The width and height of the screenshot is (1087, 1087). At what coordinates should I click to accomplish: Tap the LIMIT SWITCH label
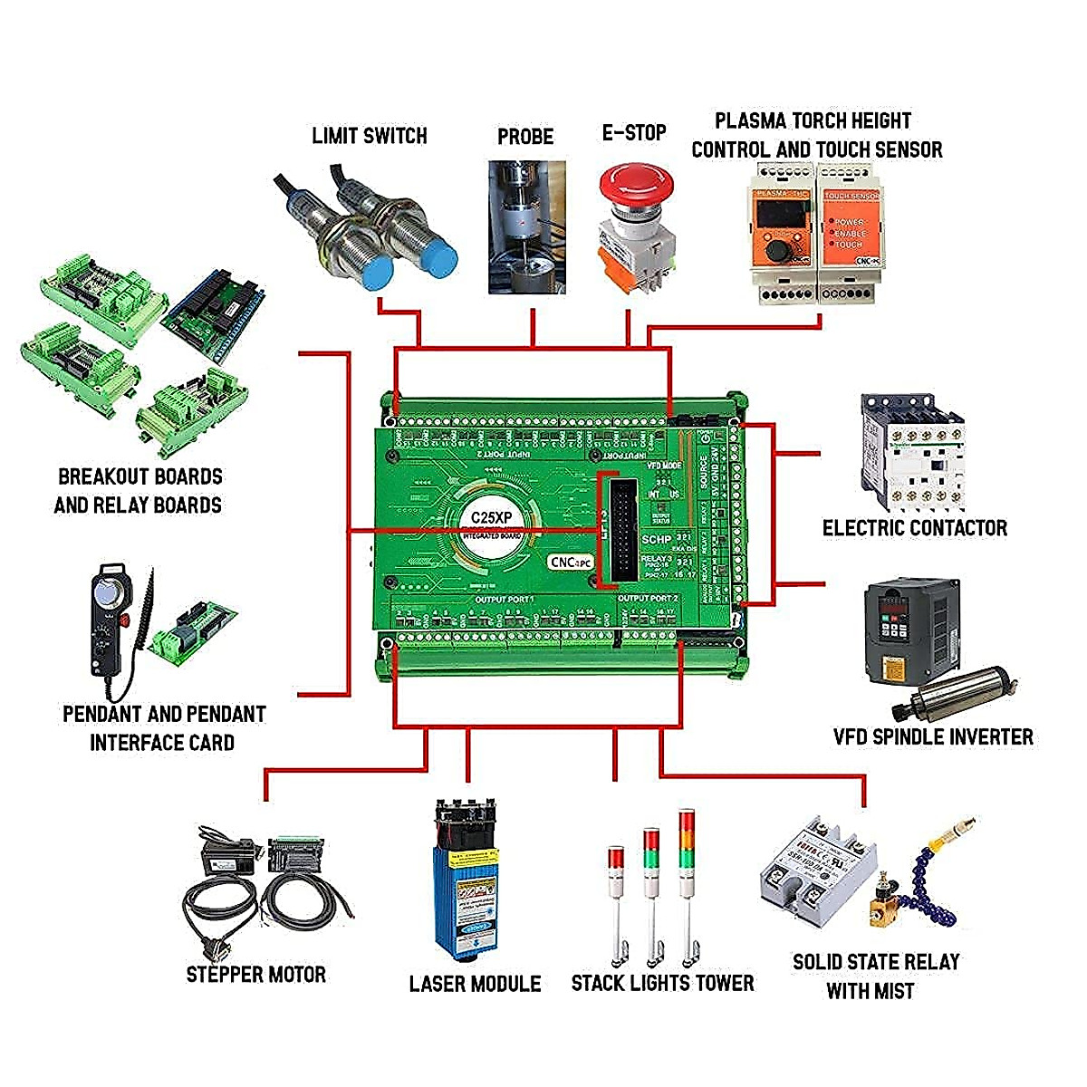(369, 136)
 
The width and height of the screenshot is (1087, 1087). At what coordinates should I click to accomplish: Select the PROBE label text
(524, 137)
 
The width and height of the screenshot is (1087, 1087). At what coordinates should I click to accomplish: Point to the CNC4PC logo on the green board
(571, 562)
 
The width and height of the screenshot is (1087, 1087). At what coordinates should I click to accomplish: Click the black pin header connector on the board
(623, 525)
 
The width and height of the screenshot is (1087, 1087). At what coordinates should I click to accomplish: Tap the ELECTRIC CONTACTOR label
(914, 528)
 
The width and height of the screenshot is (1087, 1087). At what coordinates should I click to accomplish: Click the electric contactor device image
(910, 453)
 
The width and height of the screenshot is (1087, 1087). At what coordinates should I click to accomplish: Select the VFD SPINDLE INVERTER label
(933, 736)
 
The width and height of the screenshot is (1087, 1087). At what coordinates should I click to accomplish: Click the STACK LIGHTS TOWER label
(662, 983)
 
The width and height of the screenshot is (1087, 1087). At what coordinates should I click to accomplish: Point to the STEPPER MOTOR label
(255, 975)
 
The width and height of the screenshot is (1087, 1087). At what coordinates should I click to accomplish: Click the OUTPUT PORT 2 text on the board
(647, 599)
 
